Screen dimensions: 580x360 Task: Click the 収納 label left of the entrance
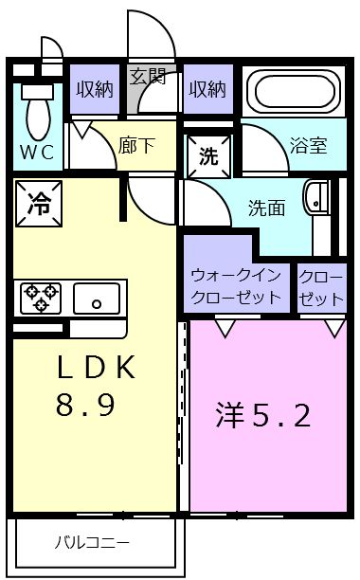(93, 89)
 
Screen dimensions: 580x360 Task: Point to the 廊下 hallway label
(135, 146)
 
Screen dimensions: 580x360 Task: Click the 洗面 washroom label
(266, 208)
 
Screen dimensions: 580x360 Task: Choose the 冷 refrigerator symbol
(38, 202)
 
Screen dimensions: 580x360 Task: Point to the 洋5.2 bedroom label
(263, 415)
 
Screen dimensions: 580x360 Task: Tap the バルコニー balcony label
(91, 544)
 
